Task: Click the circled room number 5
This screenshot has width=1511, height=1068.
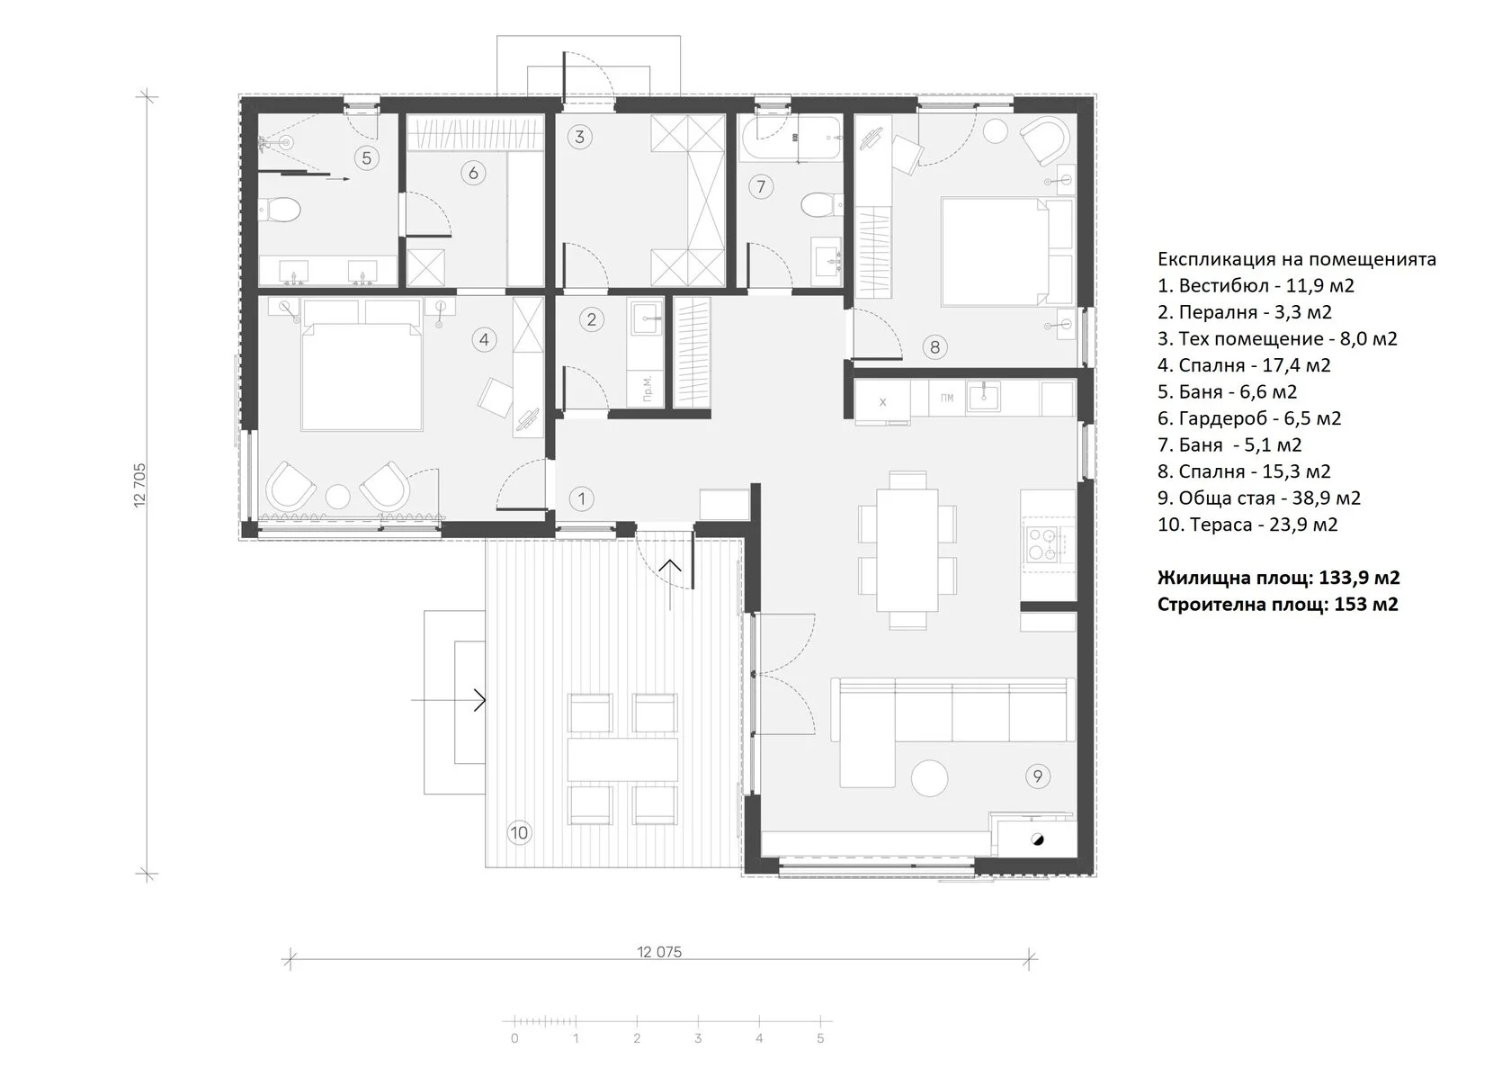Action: point(366,157)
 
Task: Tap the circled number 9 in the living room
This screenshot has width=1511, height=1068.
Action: point(1038,776)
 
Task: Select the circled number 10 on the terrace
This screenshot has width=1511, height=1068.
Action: point(519,832)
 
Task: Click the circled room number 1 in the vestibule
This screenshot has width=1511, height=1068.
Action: point(581,499)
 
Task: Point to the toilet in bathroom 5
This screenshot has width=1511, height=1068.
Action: point(279,210)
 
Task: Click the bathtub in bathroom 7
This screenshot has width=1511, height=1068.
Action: point(791,138)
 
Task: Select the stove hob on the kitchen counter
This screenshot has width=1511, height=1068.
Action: point(1041,544)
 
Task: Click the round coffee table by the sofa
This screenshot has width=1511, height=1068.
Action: point(930,778)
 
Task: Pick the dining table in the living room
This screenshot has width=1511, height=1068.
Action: point(907,550)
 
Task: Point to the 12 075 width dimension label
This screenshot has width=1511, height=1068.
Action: point(659,952)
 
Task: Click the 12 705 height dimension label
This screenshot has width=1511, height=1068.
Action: point(139,485)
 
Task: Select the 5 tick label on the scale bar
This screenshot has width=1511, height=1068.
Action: point(820,1038)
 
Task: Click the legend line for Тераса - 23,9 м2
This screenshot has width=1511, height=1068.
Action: point(1247,525)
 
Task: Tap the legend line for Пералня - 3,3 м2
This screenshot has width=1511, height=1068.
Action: point(1245,312)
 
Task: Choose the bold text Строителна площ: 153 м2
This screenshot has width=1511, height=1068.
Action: point(1277,604)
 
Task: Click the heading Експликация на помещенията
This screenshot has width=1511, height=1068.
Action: point(1297,259)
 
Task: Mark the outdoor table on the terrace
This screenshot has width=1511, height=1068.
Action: point(622,759)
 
